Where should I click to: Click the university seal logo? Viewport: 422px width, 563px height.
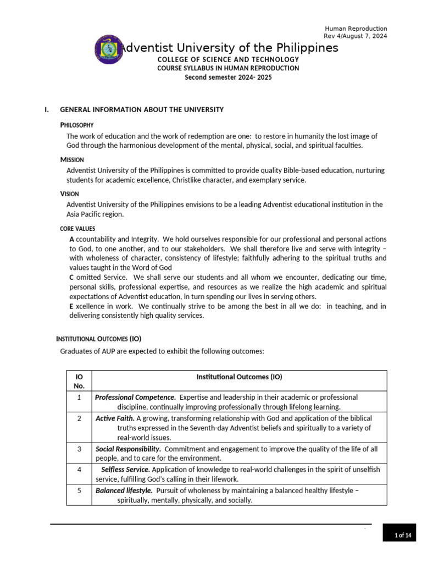(109, 49)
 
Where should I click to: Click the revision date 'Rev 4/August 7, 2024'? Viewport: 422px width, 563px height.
(356, 36)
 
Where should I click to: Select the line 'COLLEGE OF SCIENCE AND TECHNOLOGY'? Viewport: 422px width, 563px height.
(228, 59)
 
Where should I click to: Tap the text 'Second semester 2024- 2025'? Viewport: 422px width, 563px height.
(228, 78)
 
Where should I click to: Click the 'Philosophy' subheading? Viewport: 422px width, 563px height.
(77, 125)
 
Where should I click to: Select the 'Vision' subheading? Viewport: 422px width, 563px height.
(70, 194)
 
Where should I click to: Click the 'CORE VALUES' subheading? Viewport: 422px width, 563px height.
(77, 228)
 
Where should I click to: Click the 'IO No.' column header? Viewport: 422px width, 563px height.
(79, 381)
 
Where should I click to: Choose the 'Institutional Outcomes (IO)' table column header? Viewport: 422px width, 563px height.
(239, 377)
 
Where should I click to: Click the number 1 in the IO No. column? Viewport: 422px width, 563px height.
(79, 397)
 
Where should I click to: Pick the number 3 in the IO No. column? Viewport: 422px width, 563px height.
(79, 449)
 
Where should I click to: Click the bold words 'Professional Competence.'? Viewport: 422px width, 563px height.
(136, 397)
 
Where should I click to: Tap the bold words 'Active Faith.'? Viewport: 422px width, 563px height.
(115, 418)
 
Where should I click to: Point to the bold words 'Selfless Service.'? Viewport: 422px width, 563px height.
(125, 470)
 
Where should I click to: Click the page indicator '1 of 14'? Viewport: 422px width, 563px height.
(403, 536)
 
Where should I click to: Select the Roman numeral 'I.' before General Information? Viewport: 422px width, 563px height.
(47, 109)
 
